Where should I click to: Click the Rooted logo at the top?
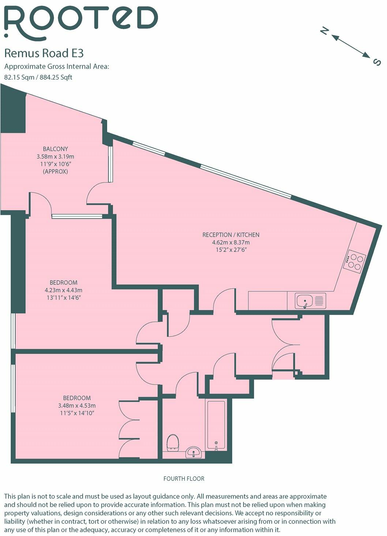[80, 23]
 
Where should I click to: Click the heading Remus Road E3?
[44, 53]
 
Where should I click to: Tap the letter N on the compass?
[323, 31]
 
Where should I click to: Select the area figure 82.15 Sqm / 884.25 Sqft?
[38, 77]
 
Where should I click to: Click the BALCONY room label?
[55, 149]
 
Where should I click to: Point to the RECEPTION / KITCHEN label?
[231, 235]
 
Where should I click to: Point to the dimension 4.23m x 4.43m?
[64, 290]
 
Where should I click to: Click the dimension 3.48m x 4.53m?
[77, 406]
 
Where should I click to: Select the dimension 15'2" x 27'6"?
[231, 250]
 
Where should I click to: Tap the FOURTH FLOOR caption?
[184, 479]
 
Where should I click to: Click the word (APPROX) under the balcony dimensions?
[55, 171]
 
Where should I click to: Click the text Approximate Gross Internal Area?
[57, 67]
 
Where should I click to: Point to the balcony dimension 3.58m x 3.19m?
[55, 156]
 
